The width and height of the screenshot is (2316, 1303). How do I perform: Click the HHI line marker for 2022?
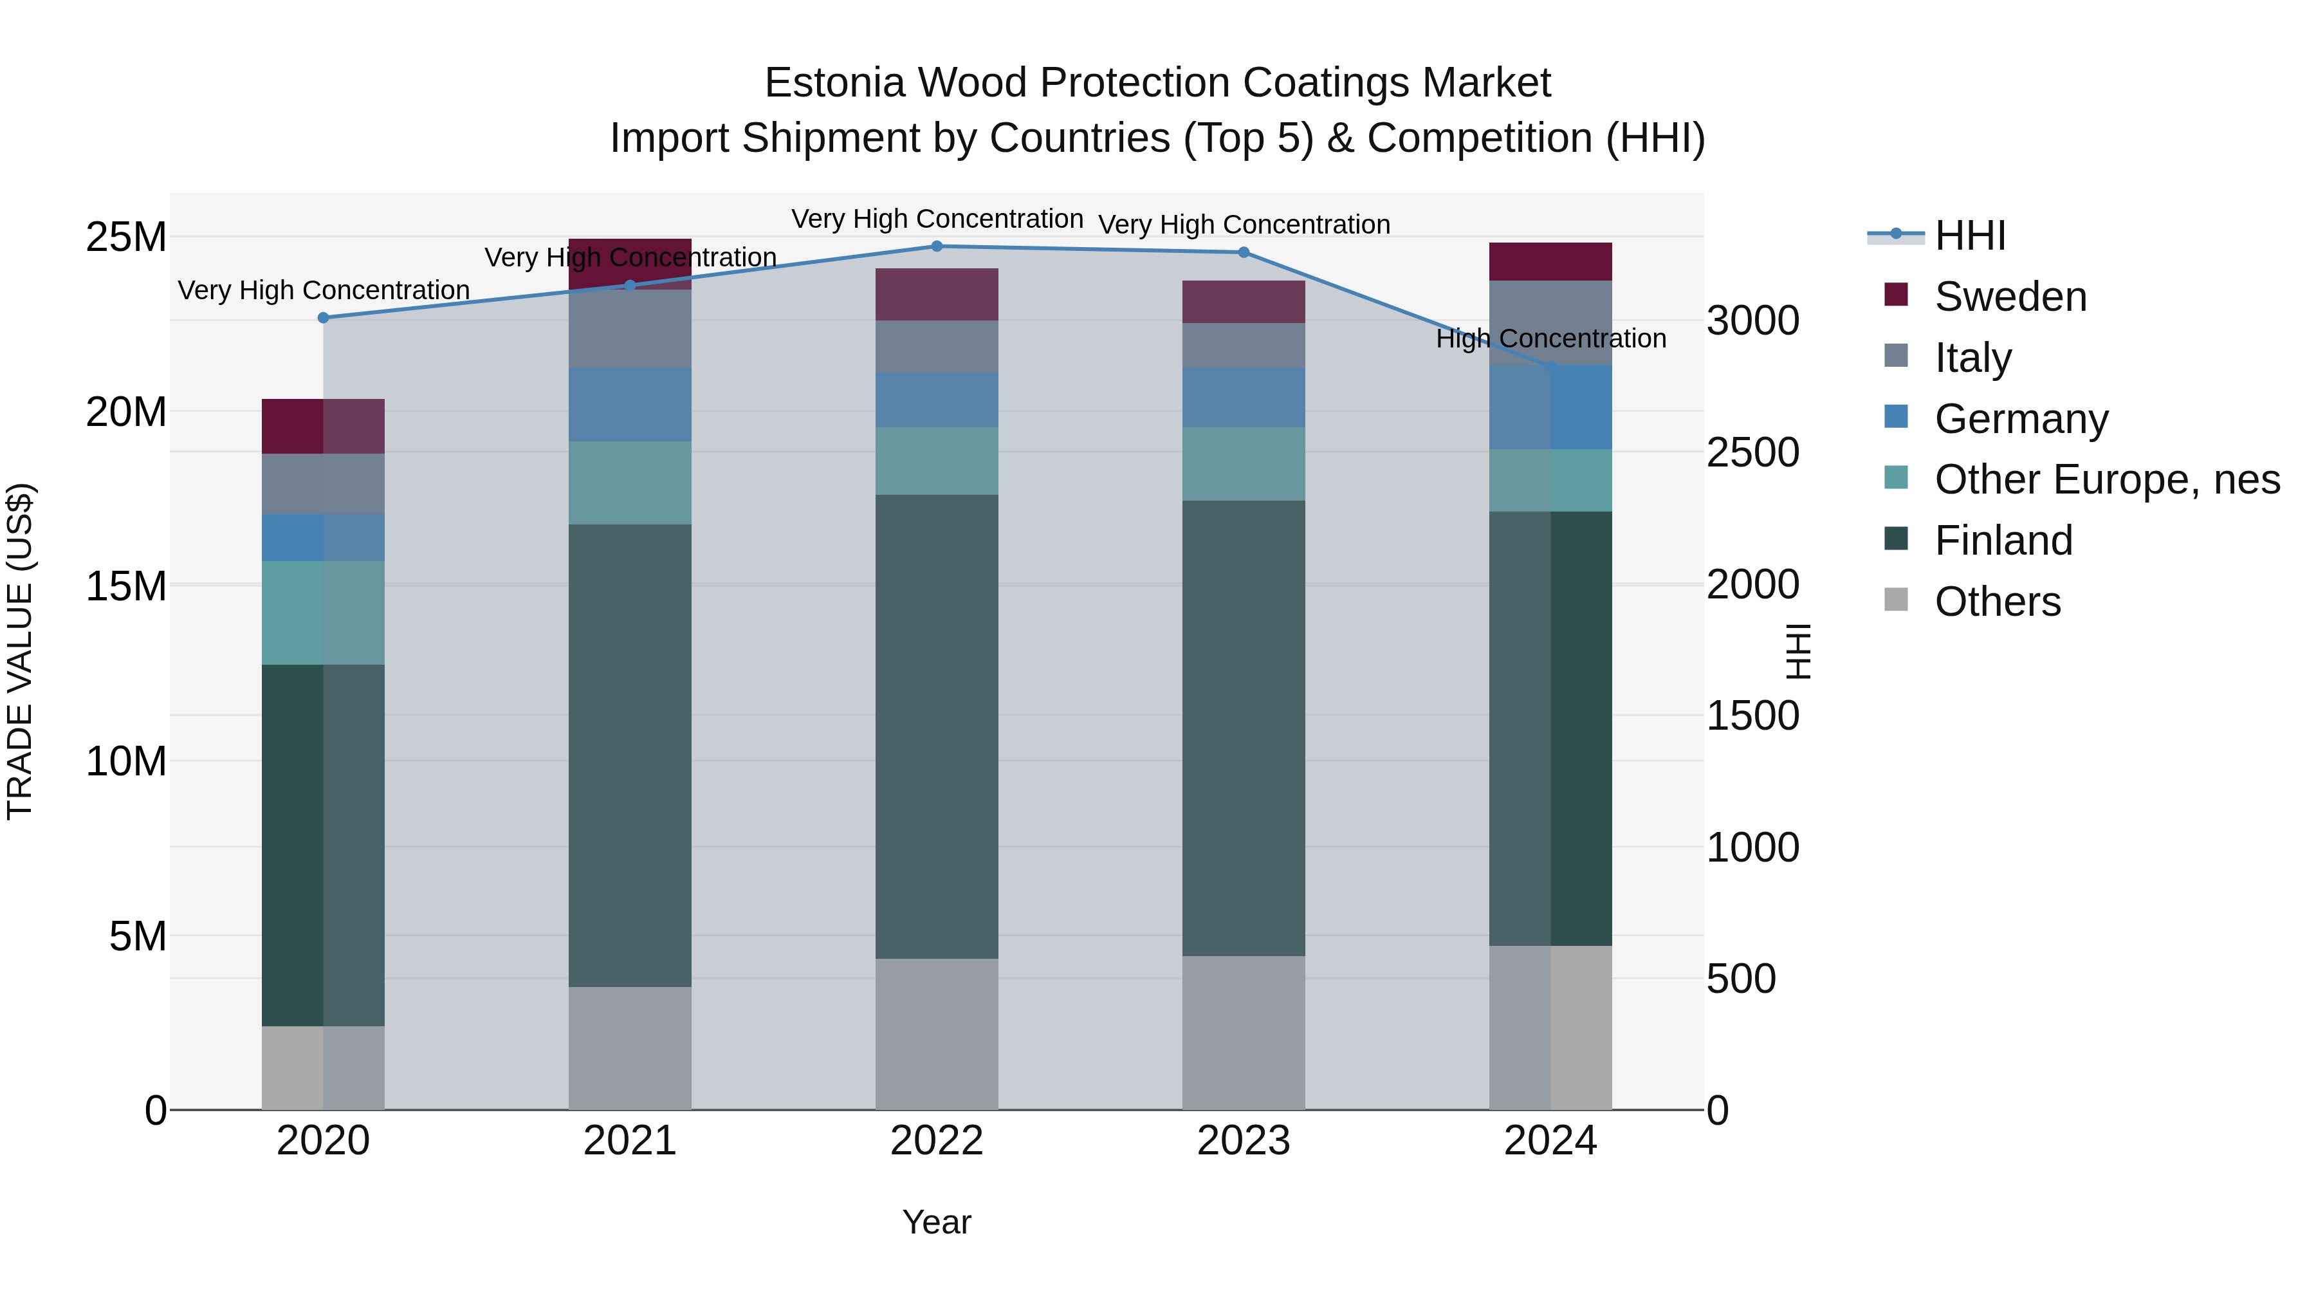936,246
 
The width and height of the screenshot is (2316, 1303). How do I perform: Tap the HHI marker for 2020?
324,317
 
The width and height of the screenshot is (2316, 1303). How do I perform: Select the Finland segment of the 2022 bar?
936,726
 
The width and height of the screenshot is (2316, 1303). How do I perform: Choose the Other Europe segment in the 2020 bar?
323,613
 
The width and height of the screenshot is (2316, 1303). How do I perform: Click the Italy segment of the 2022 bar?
936,346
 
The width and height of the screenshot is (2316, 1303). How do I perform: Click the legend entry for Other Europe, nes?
2106,479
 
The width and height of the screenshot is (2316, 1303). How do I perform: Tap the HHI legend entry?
1969,236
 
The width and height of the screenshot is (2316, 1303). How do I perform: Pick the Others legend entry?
1997,602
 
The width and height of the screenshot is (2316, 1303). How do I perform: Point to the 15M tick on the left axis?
126,586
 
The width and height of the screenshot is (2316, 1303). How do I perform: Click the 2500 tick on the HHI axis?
1752,452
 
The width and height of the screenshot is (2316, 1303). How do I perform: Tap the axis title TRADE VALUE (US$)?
20,651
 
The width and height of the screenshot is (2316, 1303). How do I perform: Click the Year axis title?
936,1222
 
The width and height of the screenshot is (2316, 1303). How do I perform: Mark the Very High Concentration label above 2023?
1244,225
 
